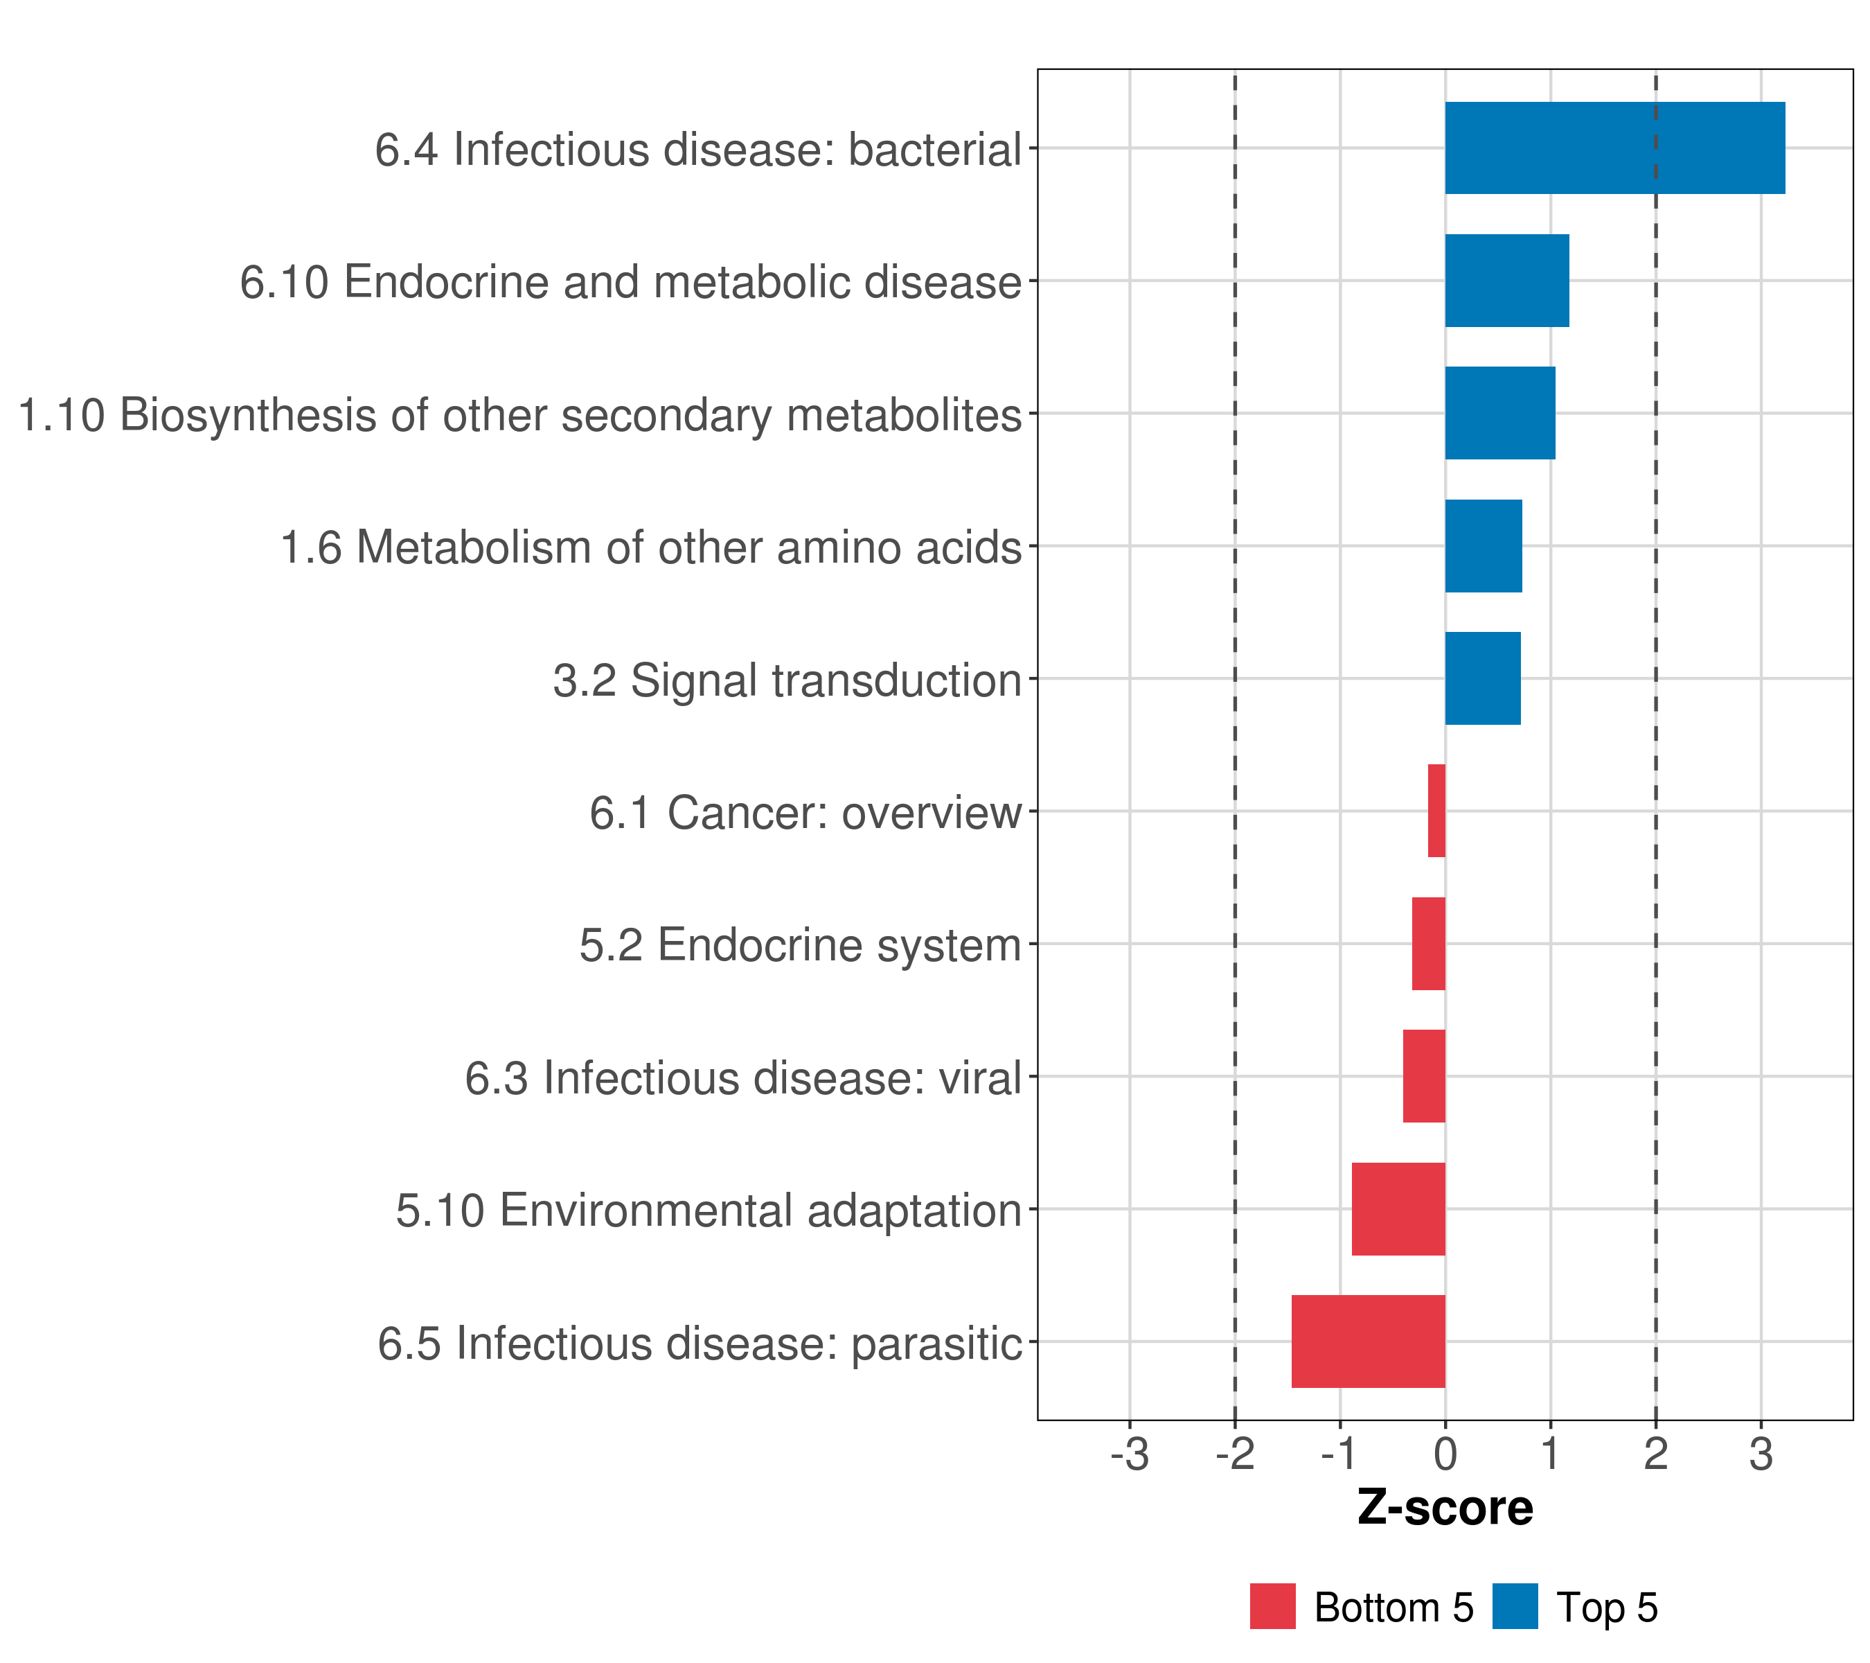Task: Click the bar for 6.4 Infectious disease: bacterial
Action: [x=1614, y=148]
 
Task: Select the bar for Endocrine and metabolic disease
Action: [x=1507, y=281]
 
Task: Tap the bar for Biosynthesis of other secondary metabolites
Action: [x=1499, y=414]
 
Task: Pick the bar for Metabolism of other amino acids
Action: [x=1483, y=547]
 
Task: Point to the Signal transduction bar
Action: [x=1482, y=678]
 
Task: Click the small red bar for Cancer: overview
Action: [x=1436, y=811]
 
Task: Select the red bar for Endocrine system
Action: [x=1428, y=944]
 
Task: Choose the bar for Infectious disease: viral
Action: [x=1423, y=1076]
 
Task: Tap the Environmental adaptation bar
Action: [x=1398, y=1209]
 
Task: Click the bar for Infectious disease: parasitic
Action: [x=1368, y=1341]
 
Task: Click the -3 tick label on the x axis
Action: [x=1129, y=1454]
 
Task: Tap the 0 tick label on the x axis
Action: [x=1445, y=1454]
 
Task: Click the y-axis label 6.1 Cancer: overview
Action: [x=805, y=813]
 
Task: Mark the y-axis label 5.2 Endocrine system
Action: [x=800, y=945]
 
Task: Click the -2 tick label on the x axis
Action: [x=1234, y=1454]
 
